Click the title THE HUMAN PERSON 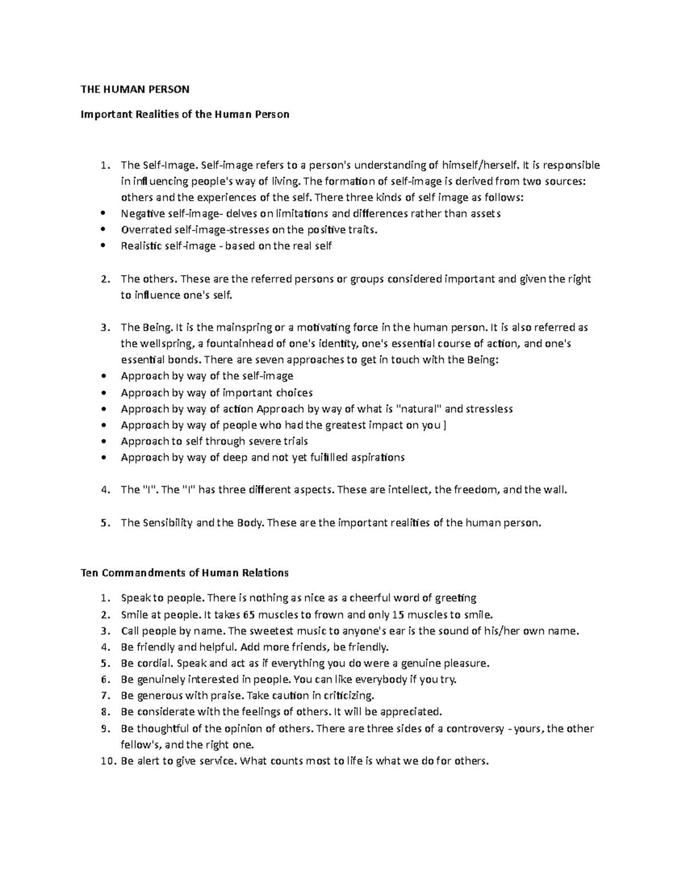pos(134,89)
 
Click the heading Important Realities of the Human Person pos(185,114)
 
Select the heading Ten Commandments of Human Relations pos(185,573)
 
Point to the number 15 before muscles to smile pos(397,615)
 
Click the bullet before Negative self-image pos(103,214)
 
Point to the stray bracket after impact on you pos(445,425)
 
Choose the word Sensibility pos(166,523)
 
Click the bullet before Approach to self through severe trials pos(103,441)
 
